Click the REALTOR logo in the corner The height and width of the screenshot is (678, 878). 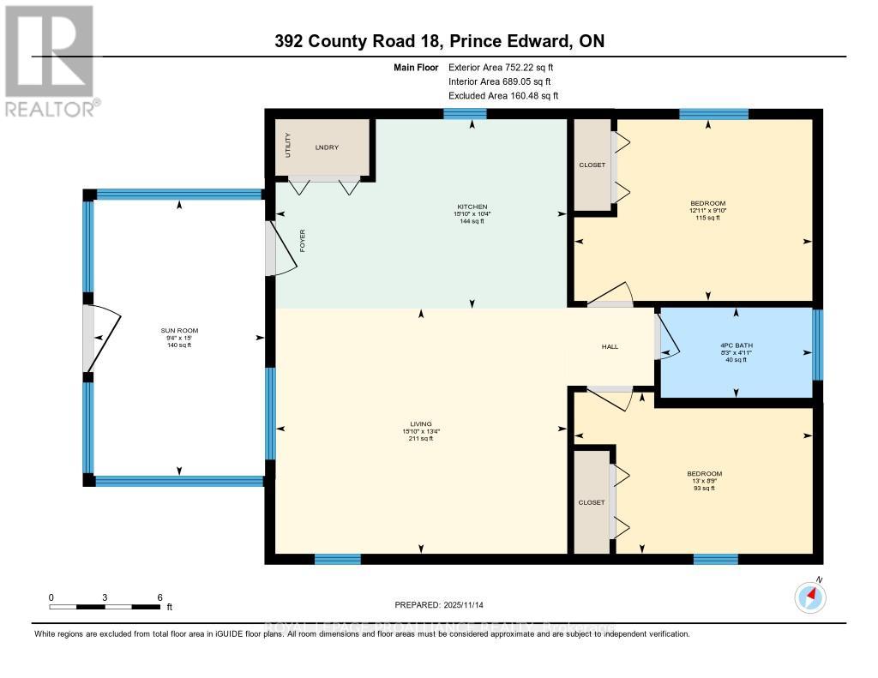(x=49, y=60)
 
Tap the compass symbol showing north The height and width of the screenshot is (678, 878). (x=810, y=597)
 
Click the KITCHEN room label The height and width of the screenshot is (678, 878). (x=472, y=207)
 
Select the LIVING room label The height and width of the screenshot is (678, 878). (x=420, y=423)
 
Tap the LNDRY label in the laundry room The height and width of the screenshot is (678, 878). (x=327, y=147)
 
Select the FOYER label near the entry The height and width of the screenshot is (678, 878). (x=302, y=240)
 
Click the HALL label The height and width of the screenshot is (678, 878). (x=610, y=346)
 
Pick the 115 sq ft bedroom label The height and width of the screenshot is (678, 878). (x=708, y=204)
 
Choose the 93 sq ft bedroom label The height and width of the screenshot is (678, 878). (x=704, y=474)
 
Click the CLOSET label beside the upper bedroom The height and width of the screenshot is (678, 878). (x=592, y=165)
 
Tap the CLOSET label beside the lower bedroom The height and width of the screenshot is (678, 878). (x=592, y=502)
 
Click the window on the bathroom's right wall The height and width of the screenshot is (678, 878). (x=817, y=344)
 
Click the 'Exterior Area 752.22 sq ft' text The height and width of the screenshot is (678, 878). (x=508, y=67)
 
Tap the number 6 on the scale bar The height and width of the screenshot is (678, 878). (x=159, y=597)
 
